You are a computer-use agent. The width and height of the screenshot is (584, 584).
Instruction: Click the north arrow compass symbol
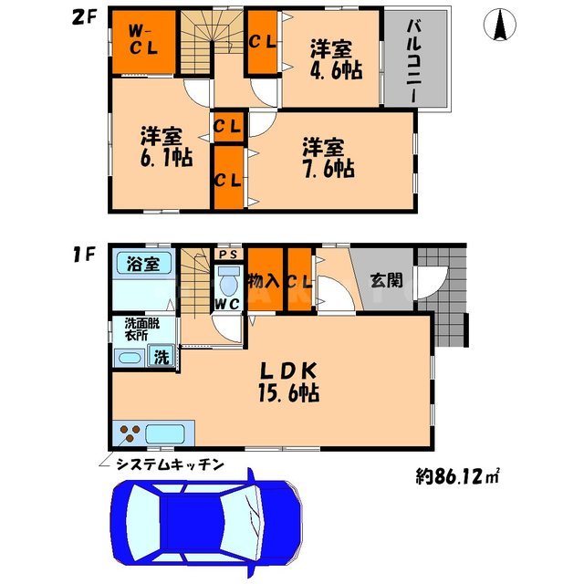coord(500,26)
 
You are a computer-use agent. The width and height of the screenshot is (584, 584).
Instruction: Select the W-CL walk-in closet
coord(143,40)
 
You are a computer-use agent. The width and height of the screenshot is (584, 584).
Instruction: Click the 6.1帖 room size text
coord(165,158)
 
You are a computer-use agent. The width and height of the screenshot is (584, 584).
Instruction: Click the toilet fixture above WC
coord(228,276)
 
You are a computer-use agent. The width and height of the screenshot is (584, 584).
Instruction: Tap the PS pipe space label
coord(228,255)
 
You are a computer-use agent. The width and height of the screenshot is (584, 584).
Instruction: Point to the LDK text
coord(291,372)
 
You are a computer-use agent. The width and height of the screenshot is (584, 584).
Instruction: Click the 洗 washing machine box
coord(161,357)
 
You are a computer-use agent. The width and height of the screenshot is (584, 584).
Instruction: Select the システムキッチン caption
coord(170,465)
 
